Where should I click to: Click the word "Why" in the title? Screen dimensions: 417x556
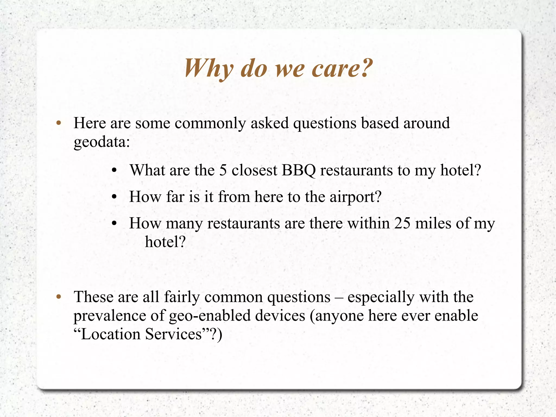pos(208,69)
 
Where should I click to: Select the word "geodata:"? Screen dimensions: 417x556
pos(102,142)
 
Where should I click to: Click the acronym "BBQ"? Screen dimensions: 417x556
pos(299,171)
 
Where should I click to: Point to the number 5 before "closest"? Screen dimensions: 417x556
pos(223,171)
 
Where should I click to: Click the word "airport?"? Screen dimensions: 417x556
pos(355,197)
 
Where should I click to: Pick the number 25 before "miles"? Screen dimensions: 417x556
pos(402,223)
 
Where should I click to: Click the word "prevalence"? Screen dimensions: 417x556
pos(119,316)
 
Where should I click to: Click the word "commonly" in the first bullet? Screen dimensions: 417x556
pos(210,124)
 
